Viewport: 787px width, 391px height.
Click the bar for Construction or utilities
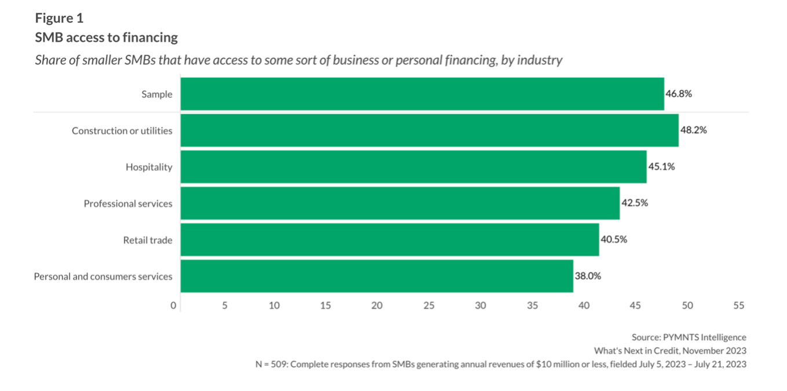[x=429, y=130]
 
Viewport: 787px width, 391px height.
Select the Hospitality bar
[x=413, y=167]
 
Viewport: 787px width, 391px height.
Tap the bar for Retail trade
[x=390, y=240]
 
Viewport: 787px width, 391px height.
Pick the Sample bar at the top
[x=422, y=94]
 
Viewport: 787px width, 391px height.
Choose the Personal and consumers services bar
[x=376, y=276]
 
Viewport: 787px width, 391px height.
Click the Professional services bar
[x=400, y=203]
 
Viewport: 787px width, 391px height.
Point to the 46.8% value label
[x=679, y=94]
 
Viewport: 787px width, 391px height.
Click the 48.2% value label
[x=693, y=130]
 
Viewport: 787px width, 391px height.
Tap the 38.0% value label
[x=588, y=276]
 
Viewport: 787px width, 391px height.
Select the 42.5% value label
[x=634, y=203]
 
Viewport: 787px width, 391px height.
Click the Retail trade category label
[x=148, y=240]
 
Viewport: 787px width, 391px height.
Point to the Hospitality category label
[x=149, y=167]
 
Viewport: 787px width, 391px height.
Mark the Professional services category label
[x=128, y=203]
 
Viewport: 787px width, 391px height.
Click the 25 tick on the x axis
[x=429, y=305]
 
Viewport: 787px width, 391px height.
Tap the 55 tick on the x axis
[x=738, y=305]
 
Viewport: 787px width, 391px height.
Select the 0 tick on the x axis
[x=173, y=305]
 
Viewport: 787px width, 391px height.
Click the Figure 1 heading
[x=59, y=19]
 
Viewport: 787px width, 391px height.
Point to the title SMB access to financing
[x=106, y=38]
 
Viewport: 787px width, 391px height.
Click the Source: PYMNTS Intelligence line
[x=689, y=337]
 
